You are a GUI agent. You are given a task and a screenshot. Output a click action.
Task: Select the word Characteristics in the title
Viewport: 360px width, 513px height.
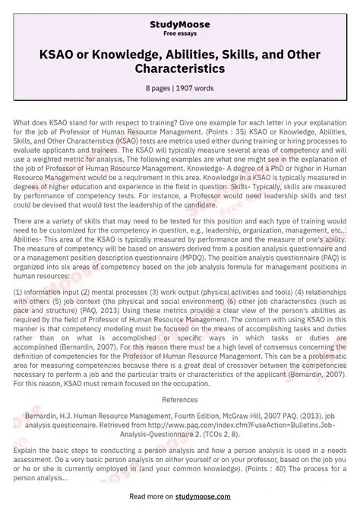[180, 68]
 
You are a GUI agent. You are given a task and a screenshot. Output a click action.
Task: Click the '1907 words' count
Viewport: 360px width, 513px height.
[195, 89]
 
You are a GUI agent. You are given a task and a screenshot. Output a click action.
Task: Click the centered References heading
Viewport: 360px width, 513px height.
[180, 398]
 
